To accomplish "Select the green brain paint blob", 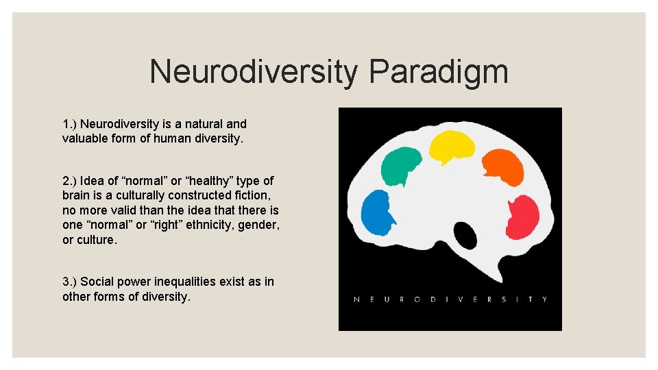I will pyautogui.click(x=401, y=165).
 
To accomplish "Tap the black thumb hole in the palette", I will pyautogui.click(x=466, y=236).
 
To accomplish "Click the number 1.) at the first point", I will pyautogui.click(x=70, y=124).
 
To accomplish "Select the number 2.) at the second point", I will pyautogui.click(x=70, y=181).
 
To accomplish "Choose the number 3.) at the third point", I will pyautogui.click(x=70, y=282).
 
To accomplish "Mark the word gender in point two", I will pyautogui.click(x=262, y=225).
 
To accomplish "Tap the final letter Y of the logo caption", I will pyautogui.click(x=545, y=299).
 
